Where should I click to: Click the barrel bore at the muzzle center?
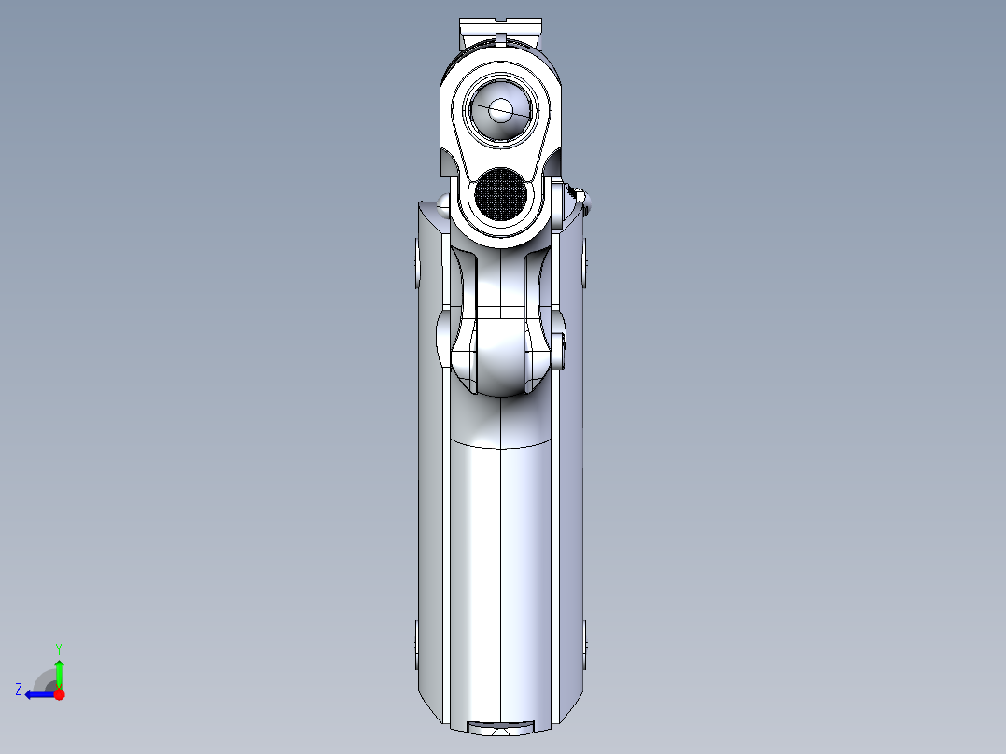click(501, 110)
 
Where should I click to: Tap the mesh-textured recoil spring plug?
click(501, 194)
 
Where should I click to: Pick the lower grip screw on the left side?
click(416, 644)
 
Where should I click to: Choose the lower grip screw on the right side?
click(585, 644)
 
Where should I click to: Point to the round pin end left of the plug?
click(442, 206)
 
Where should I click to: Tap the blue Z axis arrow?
click(36, 694)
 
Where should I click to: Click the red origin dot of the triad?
click(59, 694)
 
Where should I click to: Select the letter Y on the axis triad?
click(59, 648)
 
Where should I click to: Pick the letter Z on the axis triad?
click(18, 690)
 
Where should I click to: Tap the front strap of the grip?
click(501, 560)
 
